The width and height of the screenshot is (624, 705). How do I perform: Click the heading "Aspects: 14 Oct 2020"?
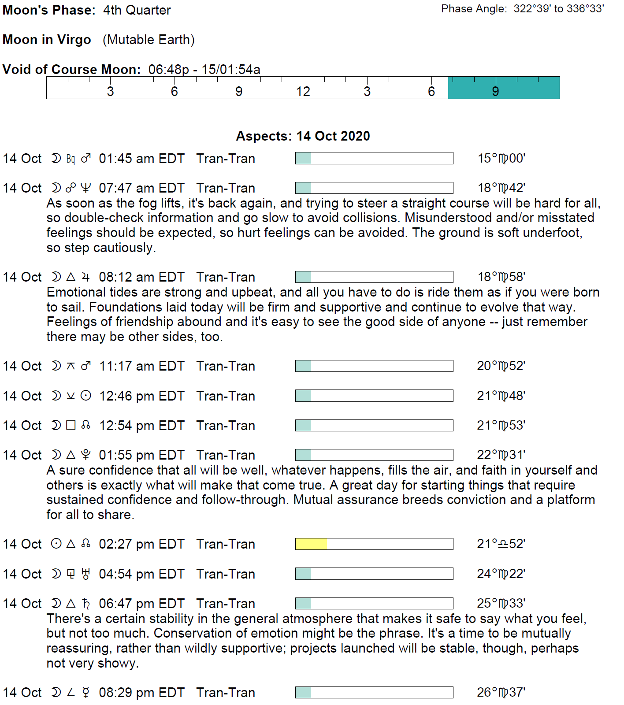303,136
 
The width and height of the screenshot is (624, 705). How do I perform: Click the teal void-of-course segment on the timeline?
504,88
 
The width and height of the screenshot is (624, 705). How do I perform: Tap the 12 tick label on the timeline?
303,92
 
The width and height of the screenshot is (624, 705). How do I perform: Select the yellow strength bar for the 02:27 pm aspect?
311,544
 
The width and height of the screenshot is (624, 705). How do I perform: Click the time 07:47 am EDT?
141,188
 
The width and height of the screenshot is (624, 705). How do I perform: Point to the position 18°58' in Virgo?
501,277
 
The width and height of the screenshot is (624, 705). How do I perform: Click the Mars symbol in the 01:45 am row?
86,158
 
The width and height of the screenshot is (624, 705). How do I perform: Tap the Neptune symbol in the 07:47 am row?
86,188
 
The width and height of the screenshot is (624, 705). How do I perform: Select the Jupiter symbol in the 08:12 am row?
86,277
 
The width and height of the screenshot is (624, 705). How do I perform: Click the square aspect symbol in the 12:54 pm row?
71,425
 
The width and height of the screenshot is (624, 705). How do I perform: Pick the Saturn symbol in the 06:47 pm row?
86,603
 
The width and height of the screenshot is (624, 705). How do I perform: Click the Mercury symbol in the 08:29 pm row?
86,692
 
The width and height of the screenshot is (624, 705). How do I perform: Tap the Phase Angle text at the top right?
522,9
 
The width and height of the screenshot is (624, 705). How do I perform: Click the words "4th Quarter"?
137,10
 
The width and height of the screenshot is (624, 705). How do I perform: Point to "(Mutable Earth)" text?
149,40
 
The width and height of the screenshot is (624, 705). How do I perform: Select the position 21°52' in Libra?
501,544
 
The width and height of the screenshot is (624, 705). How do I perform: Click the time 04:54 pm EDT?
141,574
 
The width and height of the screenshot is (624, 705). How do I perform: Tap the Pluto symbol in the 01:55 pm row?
86,455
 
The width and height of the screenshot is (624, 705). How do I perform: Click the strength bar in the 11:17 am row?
374,366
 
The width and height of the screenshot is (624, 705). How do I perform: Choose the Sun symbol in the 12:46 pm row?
86,396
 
